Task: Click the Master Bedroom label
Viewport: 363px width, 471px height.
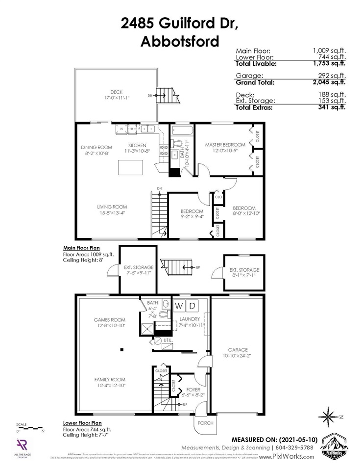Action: pyautogui.click(x=225, y=145)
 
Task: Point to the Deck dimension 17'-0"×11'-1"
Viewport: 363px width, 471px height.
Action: pyautogui.click(x=116, y=98)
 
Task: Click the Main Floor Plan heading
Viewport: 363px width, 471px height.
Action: pyautogui.click(x=82, y=248)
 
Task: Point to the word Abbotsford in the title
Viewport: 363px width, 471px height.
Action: pyautogui.click(x=180, y=41)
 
